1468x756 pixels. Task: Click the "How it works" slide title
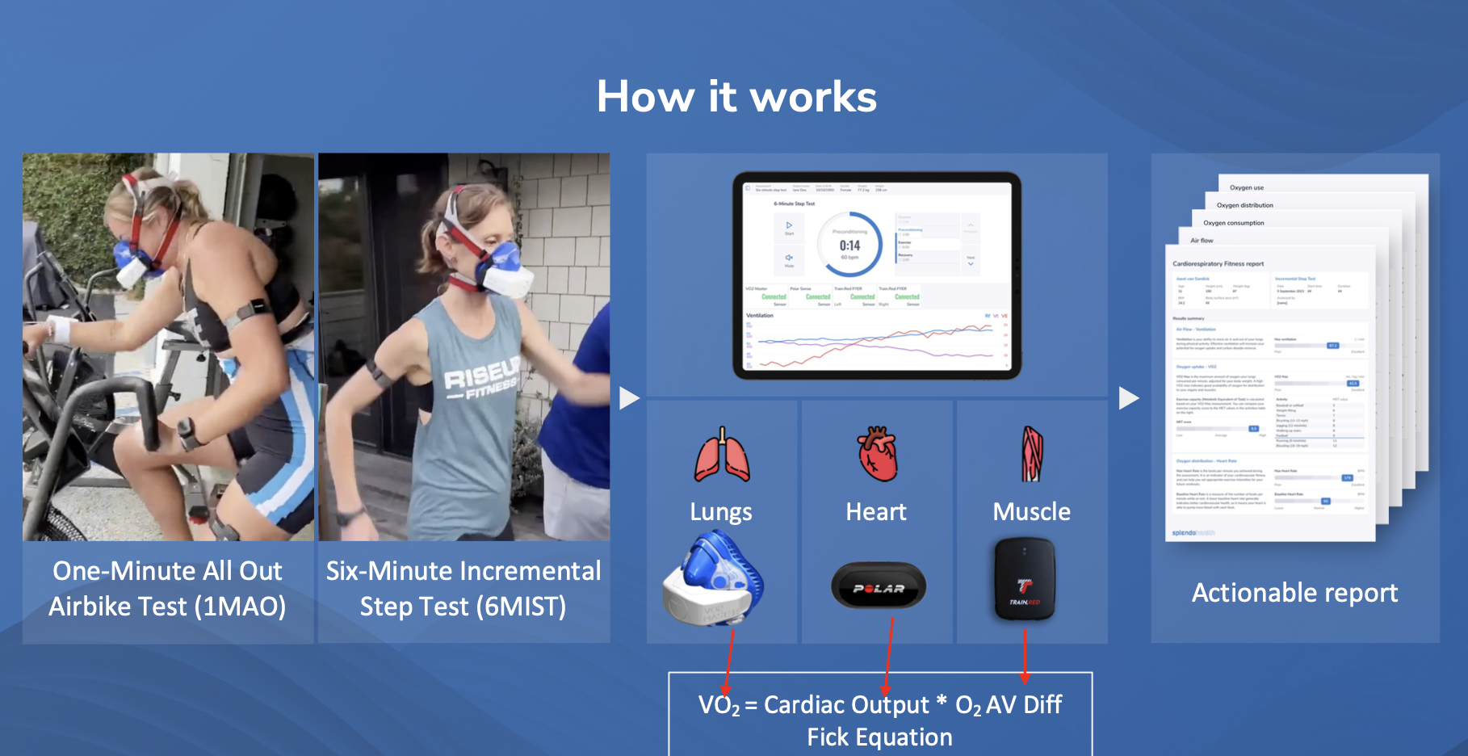[736, 97]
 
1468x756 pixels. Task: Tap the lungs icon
[722, 456]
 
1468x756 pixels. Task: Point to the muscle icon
[1032, 454]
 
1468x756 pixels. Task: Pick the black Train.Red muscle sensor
[1025, 579]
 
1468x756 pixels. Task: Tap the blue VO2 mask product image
[714, 578]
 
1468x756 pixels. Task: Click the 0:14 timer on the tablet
[849, 246]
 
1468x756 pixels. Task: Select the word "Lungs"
[721, 512]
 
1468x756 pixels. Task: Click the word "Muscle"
[1031, 512]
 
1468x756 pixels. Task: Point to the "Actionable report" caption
[1294, 593]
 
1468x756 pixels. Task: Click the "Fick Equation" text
[879, 737]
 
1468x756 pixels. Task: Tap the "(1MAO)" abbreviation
[245, 607]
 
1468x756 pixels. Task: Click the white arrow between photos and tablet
[629, 398]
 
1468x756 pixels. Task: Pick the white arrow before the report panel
[1129, 398]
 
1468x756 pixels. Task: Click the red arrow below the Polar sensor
[888, 654]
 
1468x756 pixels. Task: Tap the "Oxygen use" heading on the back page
[1247, 187]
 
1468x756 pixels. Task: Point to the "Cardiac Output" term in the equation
[846, 705]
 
